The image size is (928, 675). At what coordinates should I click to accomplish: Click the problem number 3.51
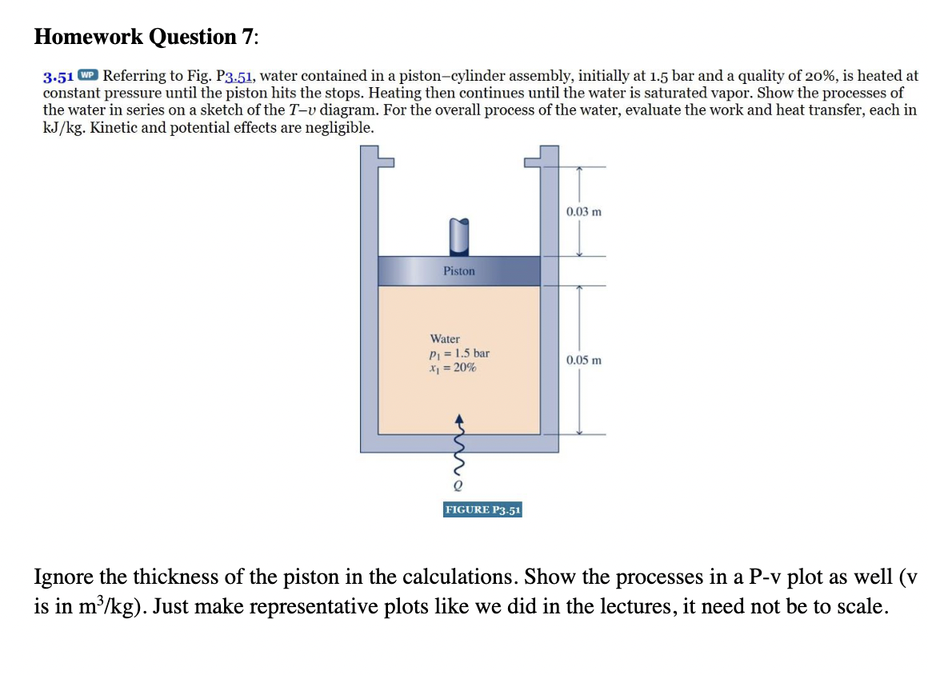58,77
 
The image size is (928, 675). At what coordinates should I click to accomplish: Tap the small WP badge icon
88,76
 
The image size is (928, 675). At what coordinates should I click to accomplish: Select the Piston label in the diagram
458,271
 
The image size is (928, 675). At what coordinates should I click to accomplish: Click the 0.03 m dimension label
583,212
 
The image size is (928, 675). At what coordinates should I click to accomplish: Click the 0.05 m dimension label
583,360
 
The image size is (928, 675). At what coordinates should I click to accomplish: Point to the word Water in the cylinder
445,339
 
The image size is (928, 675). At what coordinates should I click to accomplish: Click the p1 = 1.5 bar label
459,353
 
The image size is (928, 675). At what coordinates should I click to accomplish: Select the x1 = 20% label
453,367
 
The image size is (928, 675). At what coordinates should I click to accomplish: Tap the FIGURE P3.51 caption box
482,509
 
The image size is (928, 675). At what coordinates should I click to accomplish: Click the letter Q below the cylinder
458,484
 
